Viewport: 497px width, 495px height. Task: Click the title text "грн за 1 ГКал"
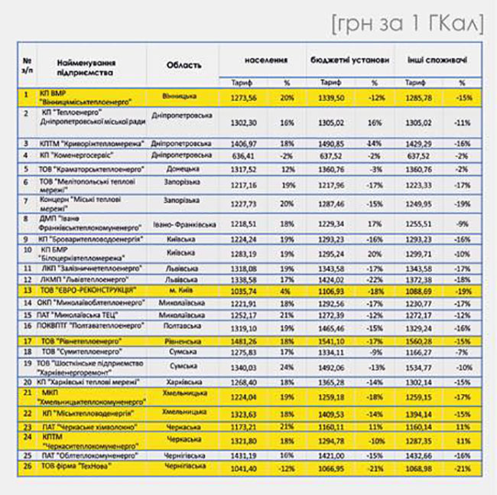pyautogui.click(x=407, y=23)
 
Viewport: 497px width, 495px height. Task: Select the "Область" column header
pyautogui.click(x=184, y=65)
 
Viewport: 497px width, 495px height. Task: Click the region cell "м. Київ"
pyautogui.click(x=184, y=291)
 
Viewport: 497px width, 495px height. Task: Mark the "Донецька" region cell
pyautogui.click(x=184, y=168)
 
